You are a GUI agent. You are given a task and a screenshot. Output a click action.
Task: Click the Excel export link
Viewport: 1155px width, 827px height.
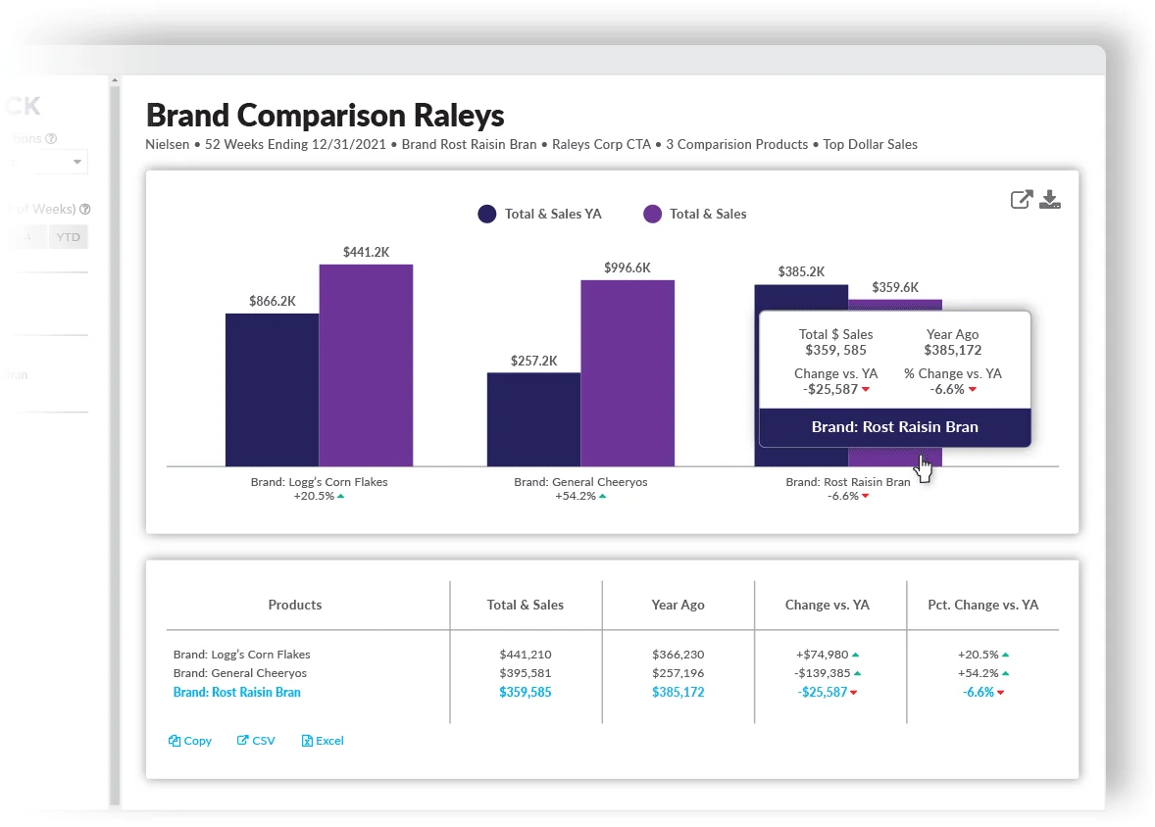323,741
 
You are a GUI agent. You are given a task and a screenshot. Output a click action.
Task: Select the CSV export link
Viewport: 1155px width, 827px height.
257,741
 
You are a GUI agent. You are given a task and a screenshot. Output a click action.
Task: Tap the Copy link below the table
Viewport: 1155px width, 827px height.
190,741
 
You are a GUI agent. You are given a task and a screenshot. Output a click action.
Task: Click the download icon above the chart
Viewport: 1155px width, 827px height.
1050,200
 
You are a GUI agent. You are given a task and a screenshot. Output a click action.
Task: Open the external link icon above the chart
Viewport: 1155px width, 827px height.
1022,200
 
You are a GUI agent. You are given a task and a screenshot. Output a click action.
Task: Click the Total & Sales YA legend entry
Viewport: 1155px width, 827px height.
540,214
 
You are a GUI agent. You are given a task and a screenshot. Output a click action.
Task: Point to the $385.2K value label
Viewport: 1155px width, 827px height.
801,271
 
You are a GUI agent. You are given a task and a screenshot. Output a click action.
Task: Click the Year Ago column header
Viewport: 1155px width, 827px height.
678,605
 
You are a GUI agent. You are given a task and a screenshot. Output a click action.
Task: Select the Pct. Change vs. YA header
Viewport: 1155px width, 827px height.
982,605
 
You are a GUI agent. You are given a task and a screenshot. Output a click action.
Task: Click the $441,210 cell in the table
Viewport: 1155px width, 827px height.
525,655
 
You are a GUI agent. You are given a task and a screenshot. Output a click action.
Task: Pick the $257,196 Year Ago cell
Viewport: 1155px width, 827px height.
678,673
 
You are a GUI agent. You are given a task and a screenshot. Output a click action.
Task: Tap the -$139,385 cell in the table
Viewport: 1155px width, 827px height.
824,673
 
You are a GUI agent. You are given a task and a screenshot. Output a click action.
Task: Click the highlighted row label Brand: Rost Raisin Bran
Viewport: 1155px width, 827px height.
237,692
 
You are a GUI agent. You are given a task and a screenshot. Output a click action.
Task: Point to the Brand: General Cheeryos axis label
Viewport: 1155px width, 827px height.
580,482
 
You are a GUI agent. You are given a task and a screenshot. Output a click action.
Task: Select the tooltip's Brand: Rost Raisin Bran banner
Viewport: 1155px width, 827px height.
894,427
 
